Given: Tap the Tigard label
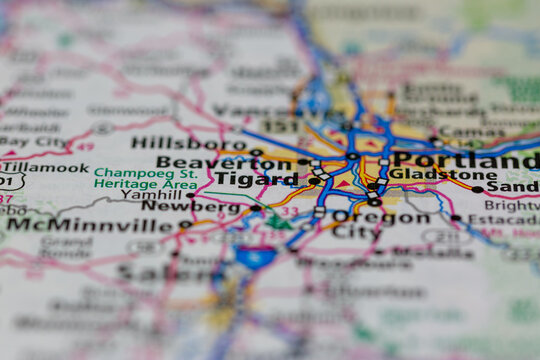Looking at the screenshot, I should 256,180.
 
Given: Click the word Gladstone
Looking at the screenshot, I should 429,174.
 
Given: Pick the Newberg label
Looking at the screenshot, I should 205,207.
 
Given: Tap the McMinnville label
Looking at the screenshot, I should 95,225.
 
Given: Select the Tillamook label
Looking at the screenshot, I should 45,168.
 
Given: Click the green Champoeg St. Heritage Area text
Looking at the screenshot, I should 145,179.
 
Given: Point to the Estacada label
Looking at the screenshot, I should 502,219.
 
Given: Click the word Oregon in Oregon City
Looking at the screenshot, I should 366,217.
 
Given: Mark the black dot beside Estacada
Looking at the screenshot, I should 456,218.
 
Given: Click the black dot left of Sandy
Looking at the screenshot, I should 477,189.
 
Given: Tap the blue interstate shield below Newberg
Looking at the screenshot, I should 256,257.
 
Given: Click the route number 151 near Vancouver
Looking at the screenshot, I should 280,127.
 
